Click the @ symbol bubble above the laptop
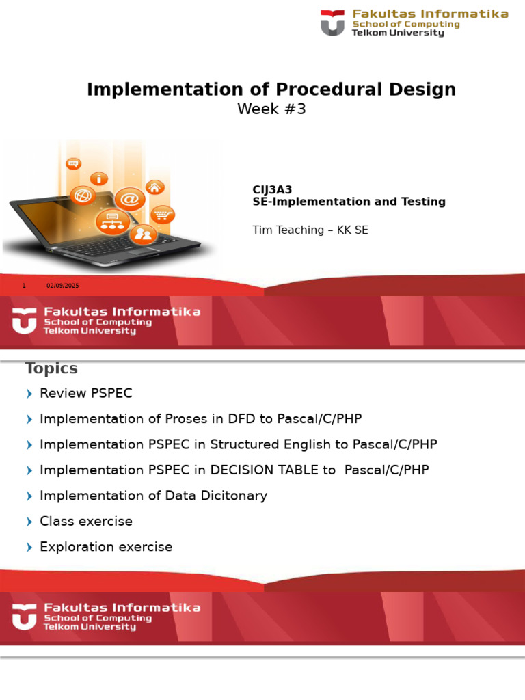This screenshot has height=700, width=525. (129, 199)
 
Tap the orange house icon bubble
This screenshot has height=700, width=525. (155, 187)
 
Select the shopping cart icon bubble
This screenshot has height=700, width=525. (162, 215)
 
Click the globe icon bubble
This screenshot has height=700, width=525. (82, 196)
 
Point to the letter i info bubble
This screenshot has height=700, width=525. (100, 178)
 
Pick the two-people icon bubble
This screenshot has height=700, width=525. (144, 234)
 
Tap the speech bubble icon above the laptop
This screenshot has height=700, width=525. (73, 163)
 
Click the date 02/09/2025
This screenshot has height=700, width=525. (63, 286)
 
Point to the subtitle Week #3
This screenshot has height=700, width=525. (271, 109)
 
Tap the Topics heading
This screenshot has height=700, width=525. (51, 368)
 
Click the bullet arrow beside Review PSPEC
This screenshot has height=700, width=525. (29, 394)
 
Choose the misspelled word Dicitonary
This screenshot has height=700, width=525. (234, 496)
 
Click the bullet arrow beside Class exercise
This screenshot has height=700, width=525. (29, 522)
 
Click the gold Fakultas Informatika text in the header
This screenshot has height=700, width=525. (430, 14)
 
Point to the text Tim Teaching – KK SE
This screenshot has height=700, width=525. (310, 230)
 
